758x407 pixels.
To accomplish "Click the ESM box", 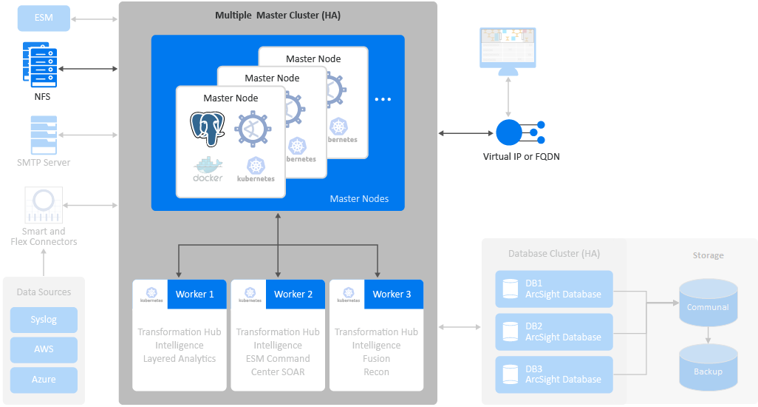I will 44,18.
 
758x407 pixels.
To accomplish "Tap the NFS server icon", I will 40,64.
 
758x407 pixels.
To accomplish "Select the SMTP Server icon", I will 44,135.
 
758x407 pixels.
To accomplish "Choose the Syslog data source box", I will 44,320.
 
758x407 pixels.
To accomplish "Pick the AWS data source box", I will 44,349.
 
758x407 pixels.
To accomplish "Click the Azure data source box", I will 44,379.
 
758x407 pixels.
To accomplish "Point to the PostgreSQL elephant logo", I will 207,129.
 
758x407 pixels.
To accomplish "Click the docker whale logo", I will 208,169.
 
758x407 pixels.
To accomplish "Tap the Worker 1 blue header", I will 195,294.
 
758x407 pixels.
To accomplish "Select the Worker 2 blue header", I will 293,294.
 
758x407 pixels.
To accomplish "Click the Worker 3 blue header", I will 392,294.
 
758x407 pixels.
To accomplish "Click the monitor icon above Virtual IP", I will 508,50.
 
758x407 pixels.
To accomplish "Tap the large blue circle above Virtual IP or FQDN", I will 509,132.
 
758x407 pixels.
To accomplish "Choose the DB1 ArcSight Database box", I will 554,289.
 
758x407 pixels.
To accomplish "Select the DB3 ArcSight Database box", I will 554,374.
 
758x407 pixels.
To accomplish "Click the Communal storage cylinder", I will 708,303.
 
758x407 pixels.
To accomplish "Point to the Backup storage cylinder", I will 708,367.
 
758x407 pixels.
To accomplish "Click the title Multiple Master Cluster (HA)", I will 278,15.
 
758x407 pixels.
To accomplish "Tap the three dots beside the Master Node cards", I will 382,99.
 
